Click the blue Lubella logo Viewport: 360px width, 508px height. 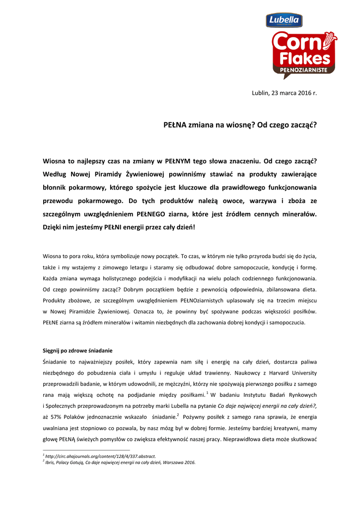coord(285,20)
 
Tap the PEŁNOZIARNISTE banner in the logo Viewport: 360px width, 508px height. coord(304,70)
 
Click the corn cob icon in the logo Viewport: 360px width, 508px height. coord(329,40)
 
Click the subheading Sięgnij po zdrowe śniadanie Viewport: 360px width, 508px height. coord(77,350)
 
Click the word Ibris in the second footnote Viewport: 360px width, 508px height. coord(50,462)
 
